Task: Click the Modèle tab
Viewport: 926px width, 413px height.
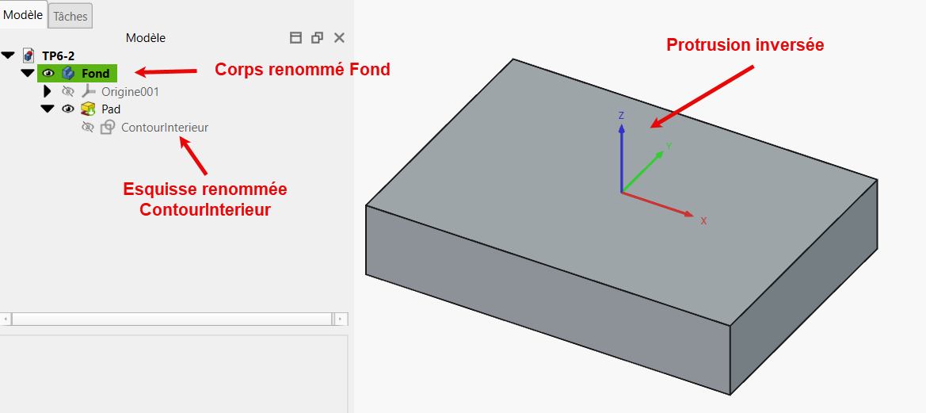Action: click(x=23, y=15)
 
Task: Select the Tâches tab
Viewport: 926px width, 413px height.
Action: click(x=70, y=17)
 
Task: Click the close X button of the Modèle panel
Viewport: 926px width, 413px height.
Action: click(x=339, y=38)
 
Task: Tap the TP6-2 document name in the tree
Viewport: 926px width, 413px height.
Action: click(x=58, y=55)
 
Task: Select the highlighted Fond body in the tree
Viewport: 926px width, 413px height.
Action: click(x=95, y=73)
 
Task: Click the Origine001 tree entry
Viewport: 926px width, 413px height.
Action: click(x=130, y=92)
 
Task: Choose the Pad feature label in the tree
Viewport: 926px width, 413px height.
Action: click(x=111, y=109)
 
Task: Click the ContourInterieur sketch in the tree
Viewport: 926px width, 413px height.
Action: click(x=165, y=127)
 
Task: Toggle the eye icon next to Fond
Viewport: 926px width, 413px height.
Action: click(x=48, y=73)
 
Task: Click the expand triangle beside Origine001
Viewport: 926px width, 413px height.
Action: click(x=48, y=92)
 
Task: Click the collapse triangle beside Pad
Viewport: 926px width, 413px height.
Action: click(x=48, y=109)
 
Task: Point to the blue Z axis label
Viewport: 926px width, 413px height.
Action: click(x=621, y=115)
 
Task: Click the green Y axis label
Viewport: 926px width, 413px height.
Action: click(x=669, y=145)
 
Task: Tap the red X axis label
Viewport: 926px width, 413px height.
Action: click(x=703, y=221)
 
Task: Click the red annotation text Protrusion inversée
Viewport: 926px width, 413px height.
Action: click(x=745, y=45)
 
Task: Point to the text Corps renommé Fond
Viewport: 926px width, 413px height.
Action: click(x=303, y=70)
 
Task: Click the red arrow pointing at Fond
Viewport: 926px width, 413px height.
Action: click(x=166, y=72)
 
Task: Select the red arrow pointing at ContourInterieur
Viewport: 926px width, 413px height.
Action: click(x=193, y=156)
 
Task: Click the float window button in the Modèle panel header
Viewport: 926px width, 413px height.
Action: click(x=317, y=38)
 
